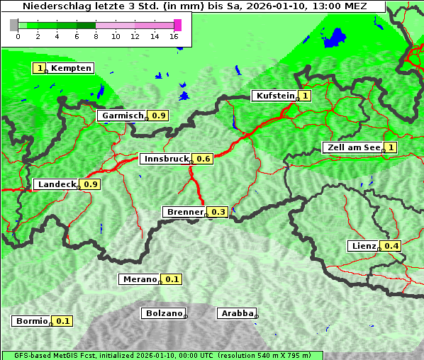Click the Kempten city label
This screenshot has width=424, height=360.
coord(71,68)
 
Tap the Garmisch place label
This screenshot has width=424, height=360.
coord(122,116)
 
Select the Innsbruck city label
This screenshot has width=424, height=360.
coord(165,159)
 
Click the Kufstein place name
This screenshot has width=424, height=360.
coord(274,96)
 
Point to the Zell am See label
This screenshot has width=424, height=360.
coord(352,147)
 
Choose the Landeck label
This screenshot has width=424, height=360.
coord(56,184)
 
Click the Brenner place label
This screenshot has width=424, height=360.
coord(184,212)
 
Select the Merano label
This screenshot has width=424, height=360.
coord(139,279)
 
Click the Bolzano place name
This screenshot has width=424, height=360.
coord(164,313)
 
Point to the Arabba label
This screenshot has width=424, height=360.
coord(236,313)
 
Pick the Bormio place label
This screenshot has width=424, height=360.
coord(31,321)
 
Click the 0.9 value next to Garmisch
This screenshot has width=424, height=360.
coord(159,116)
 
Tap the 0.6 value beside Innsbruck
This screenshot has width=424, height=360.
coord(203,159)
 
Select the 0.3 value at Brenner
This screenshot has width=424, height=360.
coord(218,212)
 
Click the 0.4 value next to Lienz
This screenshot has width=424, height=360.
coord(391,246)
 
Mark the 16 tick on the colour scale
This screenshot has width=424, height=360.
coord(174,36)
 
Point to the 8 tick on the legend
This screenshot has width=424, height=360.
coord(96,36)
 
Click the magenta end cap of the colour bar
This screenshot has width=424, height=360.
coord(177,25)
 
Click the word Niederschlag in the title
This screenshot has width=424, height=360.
coord(51,6)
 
